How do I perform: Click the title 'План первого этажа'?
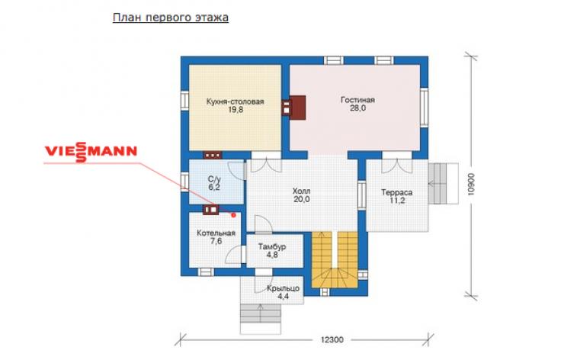tap(171, 18)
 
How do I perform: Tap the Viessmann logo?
tap(91, 152)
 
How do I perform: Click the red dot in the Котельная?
tap(233, 215)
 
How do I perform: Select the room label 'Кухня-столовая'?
tap(236, 101)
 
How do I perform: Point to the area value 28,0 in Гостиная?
tap(358, 108)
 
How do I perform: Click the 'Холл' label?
tap(301, 191)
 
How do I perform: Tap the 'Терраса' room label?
tap(397, 193)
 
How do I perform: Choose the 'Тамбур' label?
tap(272, 247)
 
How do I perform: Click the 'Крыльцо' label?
tap(283, 289)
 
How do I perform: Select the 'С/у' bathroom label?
tap(214, 179)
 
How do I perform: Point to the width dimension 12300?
tap(332, 339)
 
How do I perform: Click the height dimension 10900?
tap(471, 185)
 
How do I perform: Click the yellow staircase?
tap(335, 260)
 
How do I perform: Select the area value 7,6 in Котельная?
tap(216, 241)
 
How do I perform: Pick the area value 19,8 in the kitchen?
tap(236, 110)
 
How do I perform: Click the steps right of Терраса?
tap(443, 184)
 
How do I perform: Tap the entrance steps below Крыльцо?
tap(260, 319)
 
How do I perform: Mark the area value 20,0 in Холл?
tap(301, 199)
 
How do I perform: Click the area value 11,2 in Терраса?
tap(397, 201)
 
